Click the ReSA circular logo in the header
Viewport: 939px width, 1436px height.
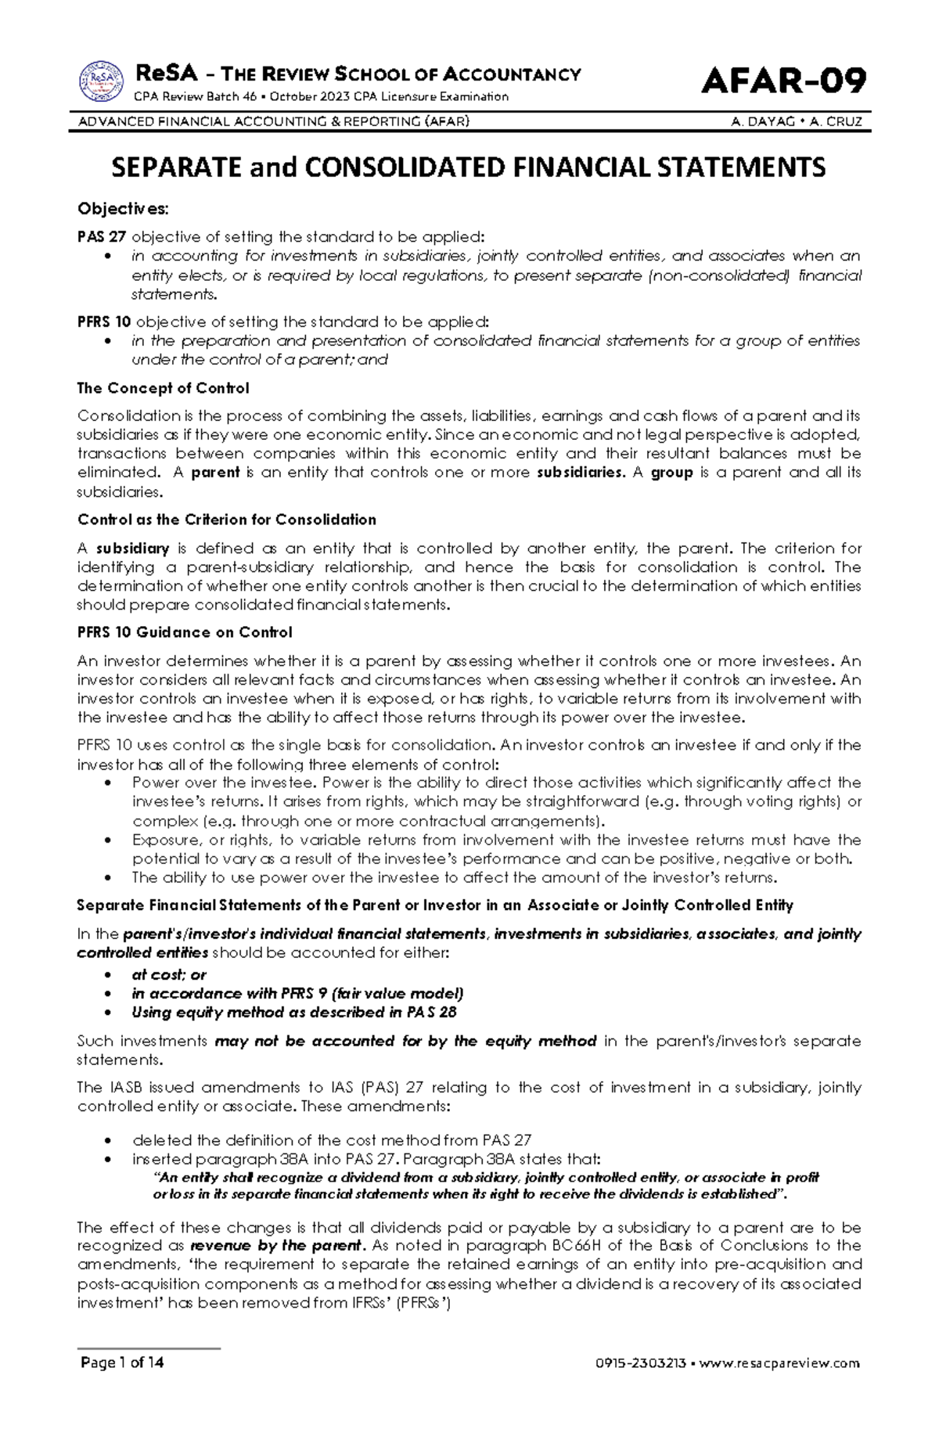101,82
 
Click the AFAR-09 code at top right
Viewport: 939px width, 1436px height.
784,81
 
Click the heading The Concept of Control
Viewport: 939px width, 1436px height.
163,388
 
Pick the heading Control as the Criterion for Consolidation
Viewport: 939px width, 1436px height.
227,520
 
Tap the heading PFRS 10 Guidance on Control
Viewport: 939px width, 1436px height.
184,632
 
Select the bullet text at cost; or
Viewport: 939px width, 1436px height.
169,975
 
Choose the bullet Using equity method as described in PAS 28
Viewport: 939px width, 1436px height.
294,1012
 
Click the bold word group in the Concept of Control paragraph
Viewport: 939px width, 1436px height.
672,473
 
